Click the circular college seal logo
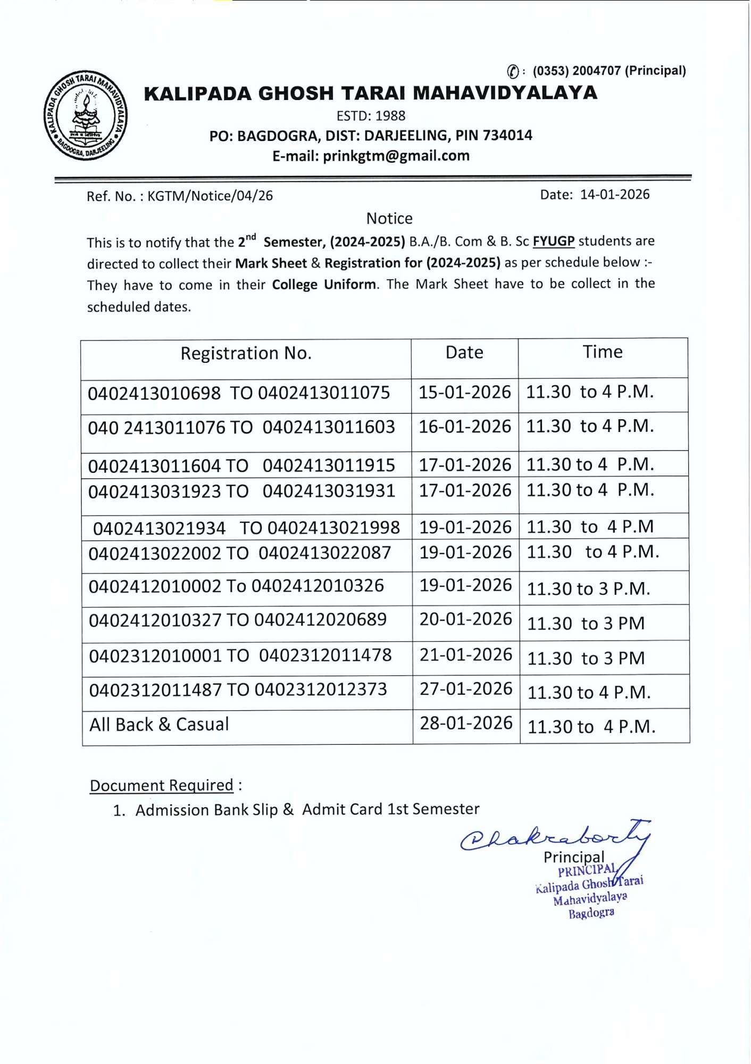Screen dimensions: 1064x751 85,115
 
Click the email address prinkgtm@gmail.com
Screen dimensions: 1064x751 396,156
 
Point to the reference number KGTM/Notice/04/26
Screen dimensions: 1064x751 210,196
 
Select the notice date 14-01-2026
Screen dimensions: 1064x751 614,194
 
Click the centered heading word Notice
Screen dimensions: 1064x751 389,218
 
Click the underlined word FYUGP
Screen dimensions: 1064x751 553,241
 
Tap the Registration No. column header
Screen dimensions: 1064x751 246,353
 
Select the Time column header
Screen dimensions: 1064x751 602,352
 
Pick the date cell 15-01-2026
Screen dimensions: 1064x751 464,392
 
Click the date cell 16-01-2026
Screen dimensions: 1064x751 464,427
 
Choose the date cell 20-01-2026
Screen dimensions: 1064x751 465,619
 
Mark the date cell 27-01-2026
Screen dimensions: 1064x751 465,689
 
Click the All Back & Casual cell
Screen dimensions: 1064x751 159,725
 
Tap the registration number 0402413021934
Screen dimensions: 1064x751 159,528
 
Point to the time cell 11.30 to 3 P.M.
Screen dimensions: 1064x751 588,589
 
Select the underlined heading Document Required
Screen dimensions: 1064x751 162,785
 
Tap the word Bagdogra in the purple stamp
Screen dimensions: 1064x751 591,913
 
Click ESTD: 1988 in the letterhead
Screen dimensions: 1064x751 371,115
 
